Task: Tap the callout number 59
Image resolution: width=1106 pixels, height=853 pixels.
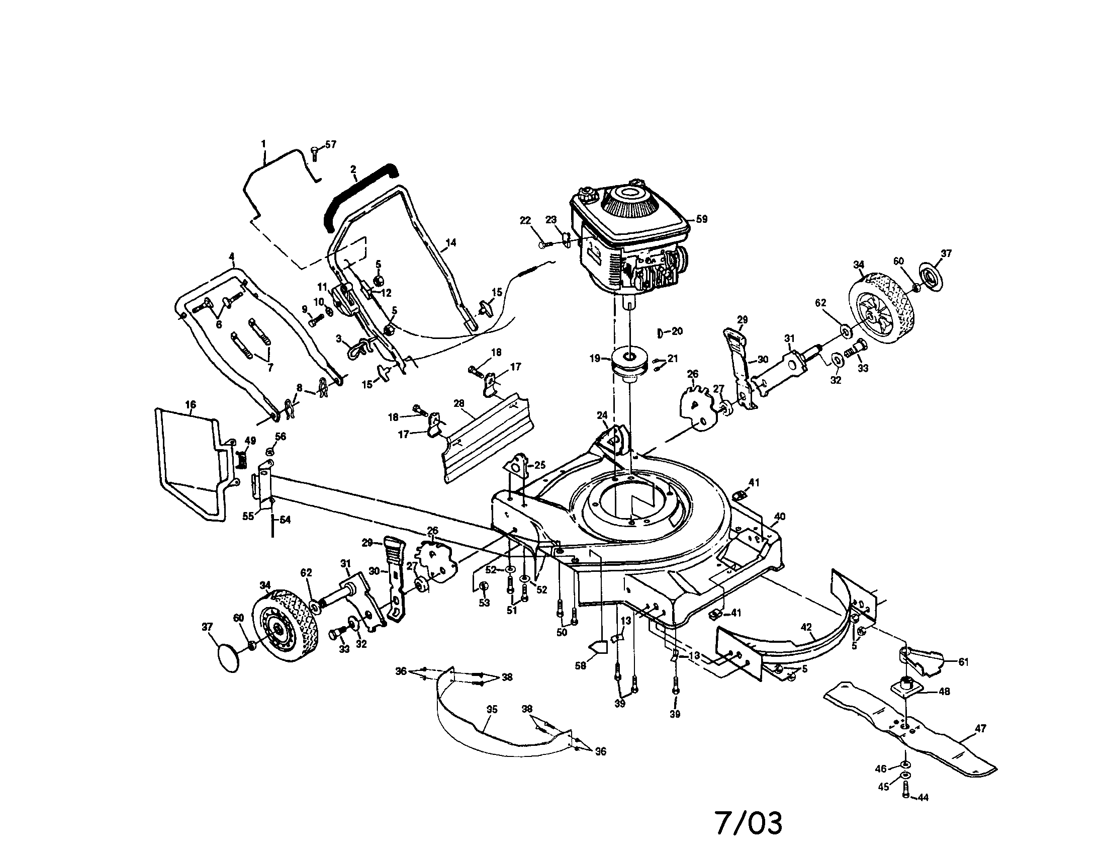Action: (701, 219)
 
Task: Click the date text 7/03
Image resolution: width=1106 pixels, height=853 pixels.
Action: (749, 823)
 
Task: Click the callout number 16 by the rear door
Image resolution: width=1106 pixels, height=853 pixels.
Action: (191, 405)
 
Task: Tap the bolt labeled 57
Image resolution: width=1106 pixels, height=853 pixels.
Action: (314, 151)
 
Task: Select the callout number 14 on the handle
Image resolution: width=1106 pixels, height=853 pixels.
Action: (451, 242)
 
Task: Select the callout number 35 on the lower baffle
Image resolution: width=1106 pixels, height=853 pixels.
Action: (492, 709)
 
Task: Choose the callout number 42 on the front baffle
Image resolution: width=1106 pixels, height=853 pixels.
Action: (806, 627)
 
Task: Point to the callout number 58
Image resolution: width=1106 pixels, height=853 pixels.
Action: (580, 665)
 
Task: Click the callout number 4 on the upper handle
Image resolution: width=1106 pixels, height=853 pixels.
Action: (232, 257)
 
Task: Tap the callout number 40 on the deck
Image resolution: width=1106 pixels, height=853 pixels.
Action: (780, 517)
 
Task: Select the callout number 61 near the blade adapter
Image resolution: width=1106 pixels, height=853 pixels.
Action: (963, 661)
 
